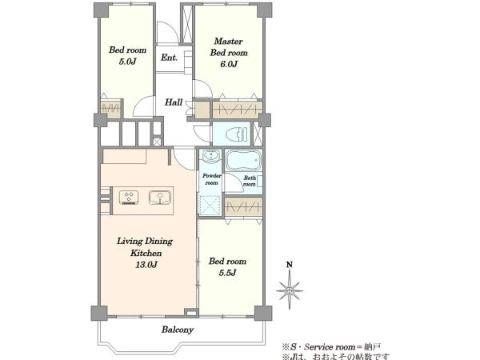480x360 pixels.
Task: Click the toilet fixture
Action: pos(236,134)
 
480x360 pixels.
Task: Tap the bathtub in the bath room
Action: pos(243,161)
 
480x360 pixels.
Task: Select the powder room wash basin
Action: pos(211,155)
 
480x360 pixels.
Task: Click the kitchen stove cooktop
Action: pos(129,198)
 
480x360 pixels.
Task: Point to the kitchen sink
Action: pos(160,198)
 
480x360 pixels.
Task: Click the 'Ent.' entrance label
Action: pos(169,58)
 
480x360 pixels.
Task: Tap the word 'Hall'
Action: pos(174,102)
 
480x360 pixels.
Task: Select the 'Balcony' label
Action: pos(178,330)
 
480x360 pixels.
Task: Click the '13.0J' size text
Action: pos(146,265)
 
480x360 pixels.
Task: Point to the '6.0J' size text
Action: pos(229,64)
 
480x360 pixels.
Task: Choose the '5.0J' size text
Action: pos(127,62)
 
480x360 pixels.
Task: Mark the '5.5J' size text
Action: pos(227,273)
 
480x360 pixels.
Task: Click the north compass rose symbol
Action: pos(290,291)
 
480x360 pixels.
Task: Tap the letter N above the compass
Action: pos(290,265)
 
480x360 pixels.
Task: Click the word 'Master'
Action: pos(228,41)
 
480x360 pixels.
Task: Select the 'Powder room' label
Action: pos(211,179)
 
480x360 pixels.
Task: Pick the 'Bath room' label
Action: pos(250,181)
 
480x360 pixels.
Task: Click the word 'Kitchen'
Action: pos(146,253)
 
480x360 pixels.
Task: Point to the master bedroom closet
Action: pos(238,110)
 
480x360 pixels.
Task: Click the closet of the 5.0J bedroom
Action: pos(110,108)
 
